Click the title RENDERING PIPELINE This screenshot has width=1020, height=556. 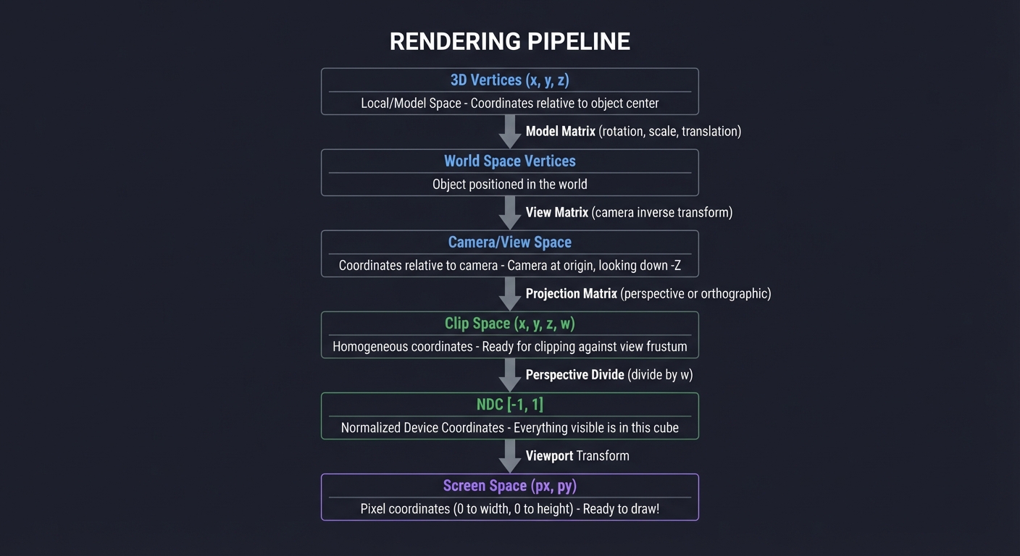(509, 41)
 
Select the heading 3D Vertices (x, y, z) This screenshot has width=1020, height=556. (509, 80)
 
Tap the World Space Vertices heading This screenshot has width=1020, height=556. (509, 161)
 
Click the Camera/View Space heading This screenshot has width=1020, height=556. (509, 243)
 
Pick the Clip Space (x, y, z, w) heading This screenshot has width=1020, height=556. (509, 324)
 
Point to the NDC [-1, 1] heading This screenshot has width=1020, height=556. (509, 405)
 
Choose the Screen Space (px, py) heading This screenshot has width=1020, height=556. (509, 486)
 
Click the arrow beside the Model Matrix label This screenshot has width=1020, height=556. (510, 132)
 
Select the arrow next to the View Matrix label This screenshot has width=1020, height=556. (510, 213)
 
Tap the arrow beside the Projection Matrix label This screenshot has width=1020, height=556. (510, 294)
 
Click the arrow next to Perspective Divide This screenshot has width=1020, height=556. (510, 375)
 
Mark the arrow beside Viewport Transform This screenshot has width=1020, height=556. (510, 456)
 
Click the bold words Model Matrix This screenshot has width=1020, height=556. (560, 132)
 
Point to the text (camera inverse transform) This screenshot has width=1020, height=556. (661, 213)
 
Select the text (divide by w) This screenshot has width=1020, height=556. (660, 375)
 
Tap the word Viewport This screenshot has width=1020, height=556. (549, 456)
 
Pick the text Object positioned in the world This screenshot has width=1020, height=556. (509, 185)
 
